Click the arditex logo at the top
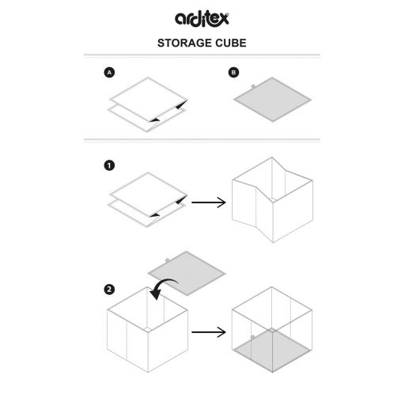202,18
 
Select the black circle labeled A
109,72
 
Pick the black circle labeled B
233,72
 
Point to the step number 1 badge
109,165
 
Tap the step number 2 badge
109,290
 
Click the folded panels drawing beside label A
148,104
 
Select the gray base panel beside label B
272,100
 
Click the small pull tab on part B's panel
253,86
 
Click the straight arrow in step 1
209,202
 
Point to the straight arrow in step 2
209,332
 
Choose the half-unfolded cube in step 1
272,200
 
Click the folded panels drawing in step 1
148,199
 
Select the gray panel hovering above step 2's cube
187,273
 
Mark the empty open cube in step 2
148,330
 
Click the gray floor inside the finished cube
272,350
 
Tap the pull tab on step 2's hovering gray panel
167,260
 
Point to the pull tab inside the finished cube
252,337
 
